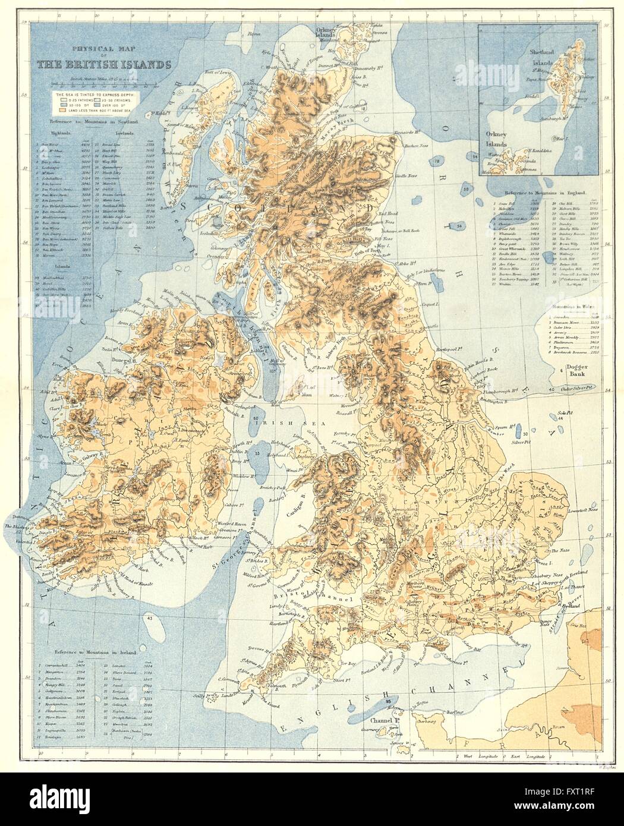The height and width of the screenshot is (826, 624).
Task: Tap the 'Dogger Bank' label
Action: pyautogui.click(x=576, y=373)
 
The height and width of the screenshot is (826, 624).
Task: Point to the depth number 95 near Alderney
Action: pyautogui.click(x=388, y=702)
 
